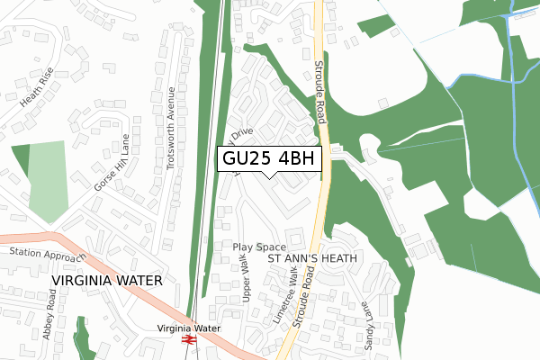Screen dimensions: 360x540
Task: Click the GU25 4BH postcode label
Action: click(269, 157)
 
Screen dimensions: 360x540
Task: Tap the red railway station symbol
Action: click(189, 343)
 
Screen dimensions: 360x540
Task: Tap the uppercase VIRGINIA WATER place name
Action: click(105, 280)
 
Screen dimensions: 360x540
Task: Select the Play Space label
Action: click(258, 247)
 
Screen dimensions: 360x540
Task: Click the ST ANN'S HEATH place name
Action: click(313, 258)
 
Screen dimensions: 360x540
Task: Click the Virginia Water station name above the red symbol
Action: click(188, 328)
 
